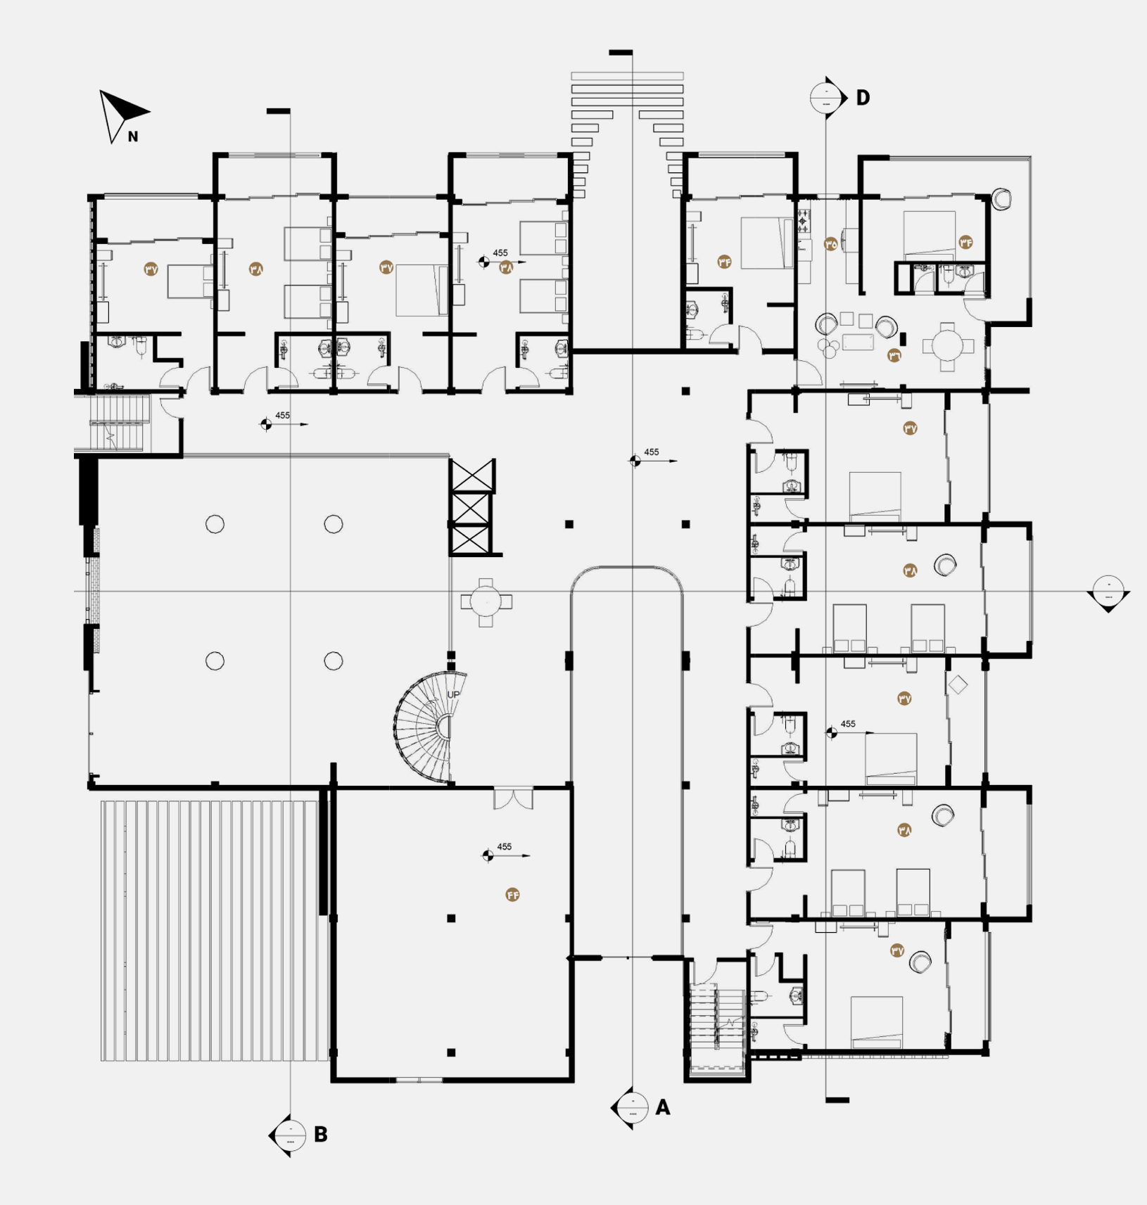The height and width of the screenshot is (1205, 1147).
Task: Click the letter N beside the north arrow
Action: [133, 136]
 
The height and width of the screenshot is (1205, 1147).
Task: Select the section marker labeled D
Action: [828, 97]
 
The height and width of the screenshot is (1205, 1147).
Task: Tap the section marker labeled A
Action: [632, 1108]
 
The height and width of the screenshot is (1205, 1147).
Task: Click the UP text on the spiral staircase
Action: [453, 694]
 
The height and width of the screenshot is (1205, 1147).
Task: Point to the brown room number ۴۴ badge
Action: [512, 895]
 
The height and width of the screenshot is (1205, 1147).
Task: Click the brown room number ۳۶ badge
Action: [894, 355]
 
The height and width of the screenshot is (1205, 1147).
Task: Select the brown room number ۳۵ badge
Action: [830, 244]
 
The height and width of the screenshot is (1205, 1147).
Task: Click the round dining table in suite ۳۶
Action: [947, 346]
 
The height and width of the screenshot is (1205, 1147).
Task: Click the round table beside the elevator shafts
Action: [486, 602]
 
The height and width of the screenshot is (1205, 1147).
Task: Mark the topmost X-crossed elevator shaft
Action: [471, 476]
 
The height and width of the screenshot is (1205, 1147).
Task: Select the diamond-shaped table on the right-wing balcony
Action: [958, 684]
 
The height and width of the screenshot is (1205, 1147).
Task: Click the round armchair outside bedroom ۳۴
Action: [1001, 199]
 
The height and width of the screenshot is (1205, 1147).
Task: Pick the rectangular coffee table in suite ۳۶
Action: [858, 342]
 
